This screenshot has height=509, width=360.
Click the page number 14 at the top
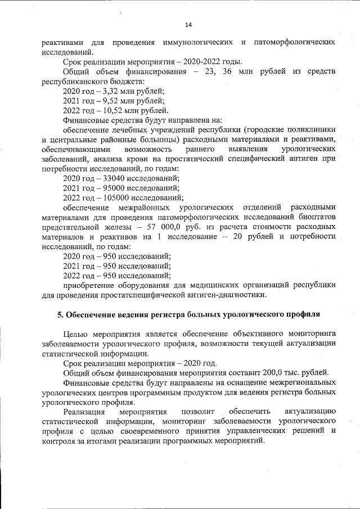[x=188, y=25]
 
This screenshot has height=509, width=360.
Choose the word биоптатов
[x=317, y=217]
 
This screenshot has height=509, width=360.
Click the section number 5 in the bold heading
[x=61, y=314]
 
